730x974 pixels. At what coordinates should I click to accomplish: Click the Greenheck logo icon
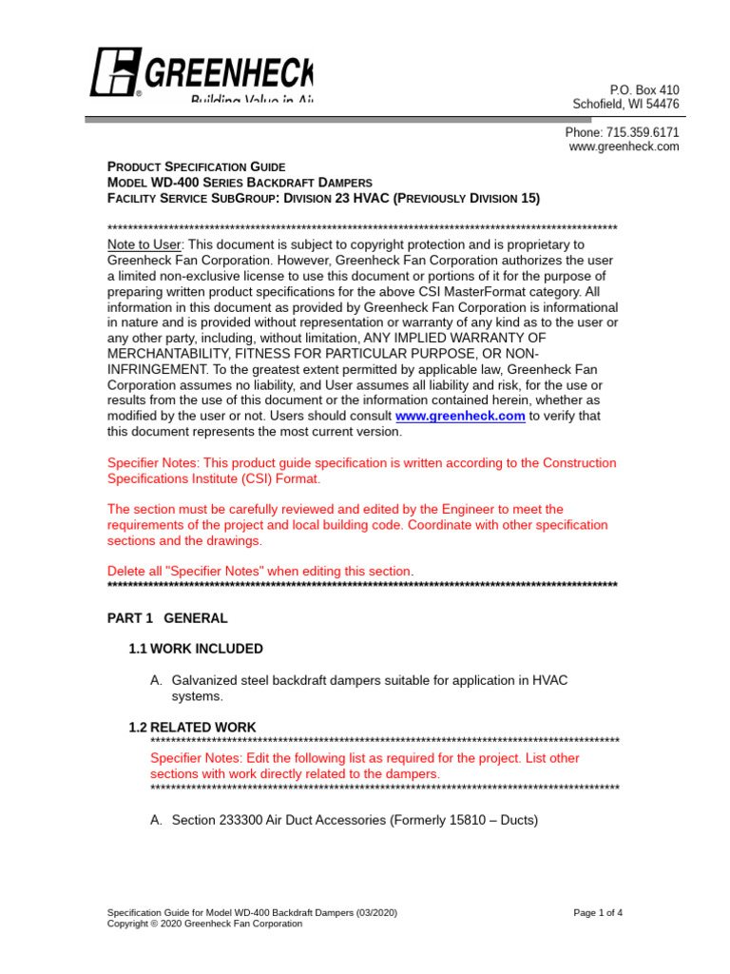[116, 72]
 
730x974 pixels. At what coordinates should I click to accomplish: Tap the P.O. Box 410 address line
[644, 89]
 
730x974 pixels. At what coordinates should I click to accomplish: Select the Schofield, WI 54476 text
[624, 104]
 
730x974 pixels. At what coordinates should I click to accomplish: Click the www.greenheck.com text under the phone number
[624, 146]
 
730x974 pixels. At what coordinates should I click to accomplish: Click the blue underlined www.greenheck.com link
[460, 417]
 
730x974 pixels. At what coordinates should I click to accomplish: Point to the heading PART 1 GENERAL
[167, 618]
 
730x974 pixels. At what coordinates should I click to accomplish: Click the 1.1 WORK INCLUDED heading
[196, 649]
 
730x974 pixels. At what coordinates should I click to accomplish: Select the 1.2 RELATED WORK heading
[192, 727]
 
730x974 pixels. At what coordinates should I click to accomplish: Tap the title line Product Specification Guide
[197, 166]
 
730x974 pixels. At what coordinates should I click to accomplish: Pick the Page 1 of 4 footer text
[598, 913]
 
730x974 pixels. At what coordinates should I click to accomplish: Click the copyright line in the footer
[205, 924]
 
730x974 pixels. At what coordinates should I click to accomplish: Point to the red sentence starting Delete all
[260, 571]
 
